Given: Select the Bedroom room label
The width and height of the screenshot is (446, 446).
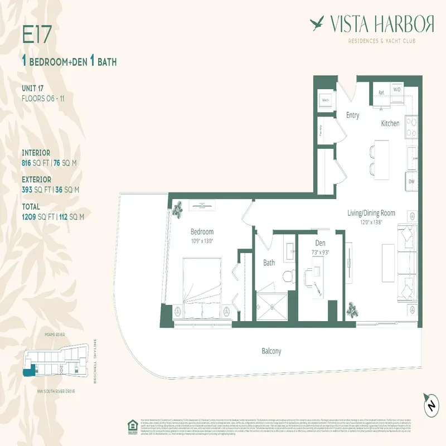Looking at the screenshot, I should pos(202,232).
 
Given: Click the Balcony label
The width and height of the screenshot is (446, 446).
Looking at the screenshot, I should pos(272,351).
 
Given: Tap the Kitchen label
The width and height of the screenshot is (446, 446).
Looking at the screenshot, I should pos(390,123).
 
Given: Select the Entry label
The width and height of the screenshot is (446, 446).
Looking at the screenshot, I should pos(352,115).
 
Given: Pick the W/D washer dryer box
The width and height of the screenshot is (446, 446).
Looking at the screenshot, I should pos(397,89).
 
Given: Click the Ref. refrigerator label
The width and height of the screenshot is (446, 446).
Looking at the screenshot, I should pos(382,93).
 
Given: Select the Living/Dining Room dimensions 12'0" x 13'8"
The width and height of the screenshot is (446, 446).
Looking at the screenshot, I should pos(380,221).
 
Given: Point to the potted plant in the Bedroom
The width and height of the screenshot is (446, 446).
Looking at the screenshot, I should pos(178,210).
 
